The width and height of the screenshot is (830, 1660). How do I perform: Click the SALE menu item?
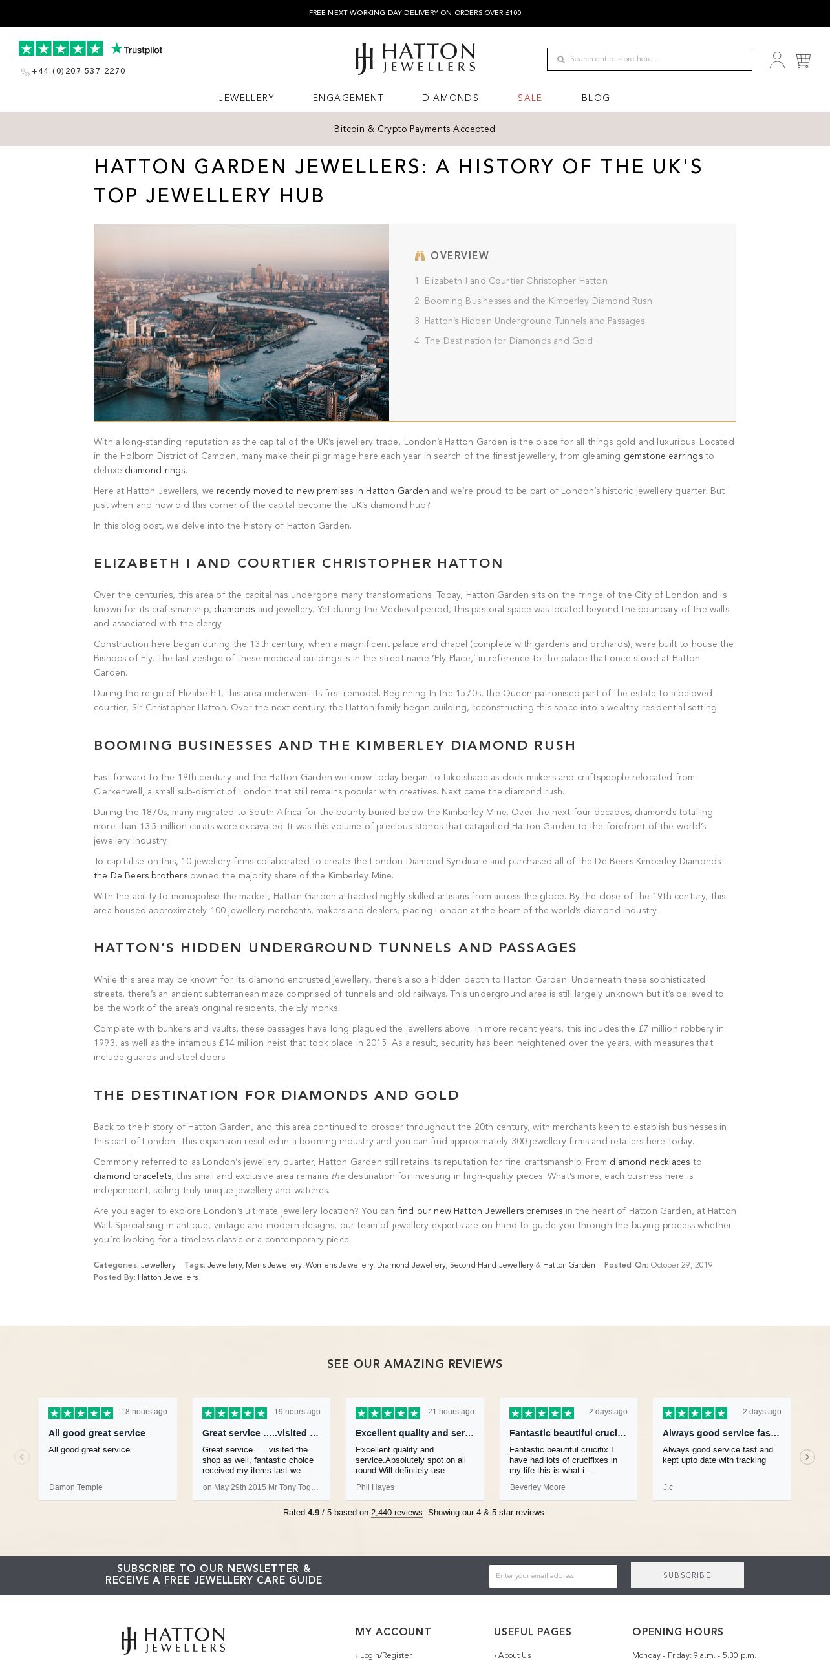(x=529, y=98)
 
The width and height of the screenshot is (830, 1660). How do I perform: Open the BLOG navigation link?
(x=595, y=98)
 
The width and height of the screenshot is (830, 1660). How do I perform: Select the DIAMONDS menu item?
(x=450, y=98)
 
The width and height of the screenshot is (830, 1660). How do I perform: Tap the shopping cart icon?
(x=802, y=60)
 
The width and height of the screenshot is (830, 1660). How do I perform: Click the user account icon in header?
(x=777, y=60)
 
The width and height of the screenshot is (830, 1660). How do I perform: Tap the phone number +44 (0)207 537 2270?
(x=78, y=71)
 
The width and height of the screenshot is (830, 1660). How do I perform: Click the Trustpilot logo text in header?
(x=137, y=50)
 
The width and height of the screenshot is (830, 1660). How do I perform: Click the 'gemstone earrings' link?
(x=663, y=456)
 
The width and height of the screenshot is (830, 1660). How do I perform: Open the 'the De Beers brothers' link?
(x=140, y=876)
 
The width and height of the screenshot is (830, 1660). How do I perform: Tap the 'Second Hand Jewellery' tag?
(x=491, y=1265)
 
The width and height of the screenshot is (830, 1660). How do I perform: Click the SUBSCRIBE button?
(x=686, y=1575)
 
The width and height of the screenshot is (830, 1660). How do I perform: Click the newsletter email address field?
(x=553, y=1576)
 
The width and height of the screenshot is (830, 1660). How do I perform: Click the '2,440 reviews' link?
(x=396, y=1513)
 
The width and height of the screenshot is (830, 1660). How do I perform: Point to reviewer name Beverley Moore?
(x=537, y=1487)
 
